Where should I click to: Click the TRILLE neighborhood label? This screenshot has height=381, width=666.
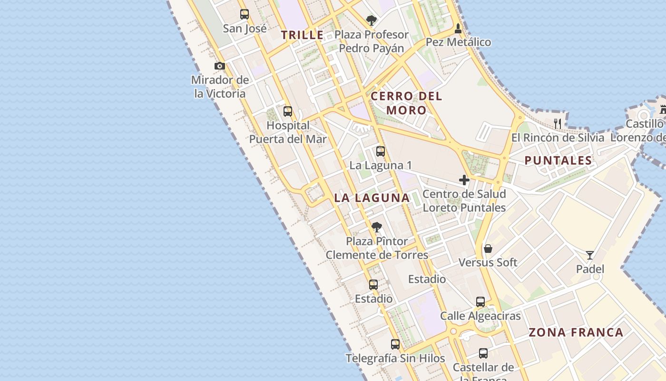(302, 35)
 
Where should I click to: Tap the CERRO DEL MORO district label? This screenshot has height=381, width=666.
(406, 103)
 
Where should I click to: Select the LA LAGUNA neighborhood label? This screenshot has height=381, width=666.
(372, 198)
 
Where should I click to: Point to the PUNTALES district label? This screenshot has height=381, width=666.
(558, 160)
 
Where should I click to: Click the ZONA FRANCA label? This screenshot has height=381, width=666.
(576, 332)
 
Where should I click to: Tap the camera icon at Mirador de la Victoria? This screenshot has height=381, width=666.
(219, 66)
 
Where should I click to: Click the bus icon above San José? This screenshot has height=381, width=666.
(245, 14)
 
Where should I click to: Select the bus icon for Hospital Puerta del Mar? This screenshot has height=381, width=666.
(288, 111)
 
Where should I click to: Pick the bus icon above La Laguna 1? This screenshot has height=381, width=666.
(381, 151)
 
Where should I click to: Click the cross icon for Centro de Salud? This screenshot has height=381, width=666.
(464, 180)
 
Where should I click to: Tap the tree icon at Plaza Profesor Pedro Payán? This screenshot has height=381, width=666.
(372, 20)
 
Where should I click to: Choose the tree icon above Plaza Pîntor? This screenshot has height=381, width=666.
(377, 227)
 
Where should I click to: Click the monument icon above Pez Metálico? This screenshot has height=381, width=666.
(458, 28)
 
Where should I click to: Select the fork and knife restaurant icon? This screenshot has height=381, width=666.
(558, 124)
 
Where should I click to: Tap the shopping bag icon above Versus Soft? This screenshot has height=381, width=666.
(488, 249)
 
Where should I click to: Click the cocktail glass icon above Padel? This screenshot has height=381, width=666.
(590, 255)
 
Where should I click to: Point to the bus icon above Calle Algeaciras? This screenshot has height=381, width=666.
(480, 302)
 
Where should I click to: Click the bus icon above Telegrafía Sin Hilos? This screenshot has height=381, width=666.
(395, 344)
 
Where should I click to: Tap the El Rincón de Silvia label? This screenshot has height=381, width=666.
(558, 138)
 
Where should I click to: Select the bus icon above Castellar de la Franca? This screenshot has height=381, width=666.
(483, 353)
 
